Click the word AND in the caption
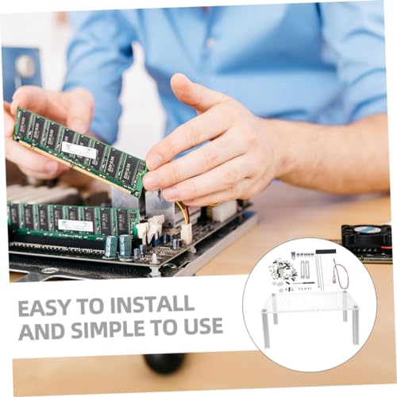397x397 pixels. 43,330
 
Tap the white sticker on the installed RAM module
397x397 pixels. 76,225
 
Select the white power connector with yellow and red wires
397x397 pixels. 186,233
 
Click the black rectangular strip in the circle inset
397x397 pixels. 326,251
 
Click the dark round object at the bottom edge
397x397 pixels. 164,362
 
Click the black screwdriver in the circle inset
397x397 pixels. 304,283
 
